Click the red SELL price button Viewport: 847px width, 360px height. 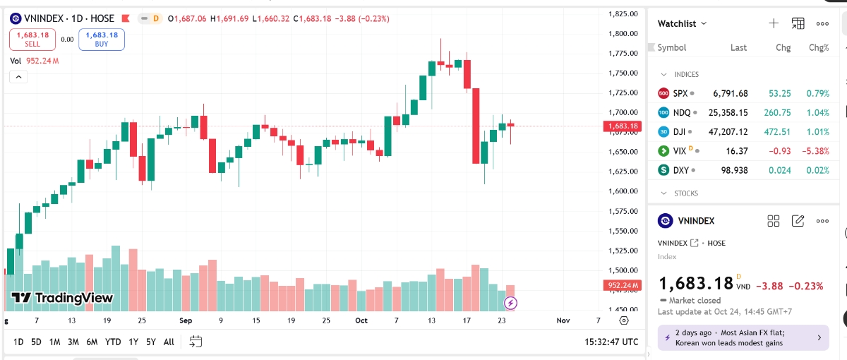click(32, 39)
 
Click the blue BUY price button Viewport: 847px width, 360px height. click(102, 39)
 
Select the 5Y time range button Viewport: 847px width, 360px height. click(151, 342)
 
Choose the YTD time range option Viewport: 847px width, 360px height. click(113, 342)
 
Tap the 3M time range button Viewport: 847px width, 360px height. click(73, 342)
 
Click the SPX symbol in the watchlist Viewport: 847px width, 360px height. click(680, 93)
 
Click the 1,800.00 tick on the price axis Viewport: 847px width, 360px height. click(623, 33)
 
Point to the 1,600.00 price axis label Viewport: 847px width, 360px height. click(623, 191)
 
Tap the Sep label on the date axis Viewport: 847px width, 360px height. click(186, 320)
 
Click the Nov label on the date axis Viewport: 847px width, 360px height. click(563, 320)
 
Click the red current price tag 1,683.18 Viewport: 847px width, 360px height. click(622, 126)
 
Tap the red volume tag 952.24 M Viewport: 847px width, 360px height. click(622, 285)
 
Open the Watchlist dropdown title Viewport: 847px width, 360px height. click(681, 23)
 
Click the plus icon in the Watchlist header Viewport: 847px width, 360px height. click(774, 23)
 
